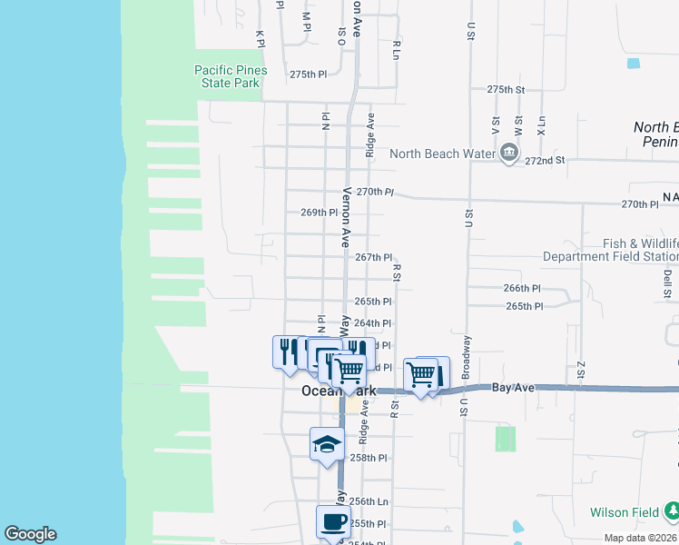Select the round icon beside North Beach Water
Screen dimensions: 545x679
pos(508,153)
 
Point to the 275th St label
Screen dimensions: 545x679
pos(506,90)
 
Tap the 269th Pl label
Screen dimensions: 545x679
pos(320,213)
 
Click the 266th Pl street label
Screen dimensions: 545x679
pos(522,288)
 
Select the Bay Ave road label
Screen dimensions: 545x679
pos(515,388)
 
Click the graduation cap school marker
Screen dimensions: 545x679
pos(327,443)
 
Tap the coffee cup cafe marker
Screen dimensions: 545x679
pos(332,521)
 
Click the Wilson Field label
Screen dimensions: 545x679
pos(623,512)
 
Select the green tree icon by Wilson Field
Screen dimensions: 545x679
pos(670,512)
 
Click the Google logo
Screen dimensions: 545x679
pos(30,534)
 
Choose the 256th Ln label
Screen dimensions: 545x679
pos(369,501)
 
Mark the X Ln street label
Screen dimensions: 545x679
pos(541,124)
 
